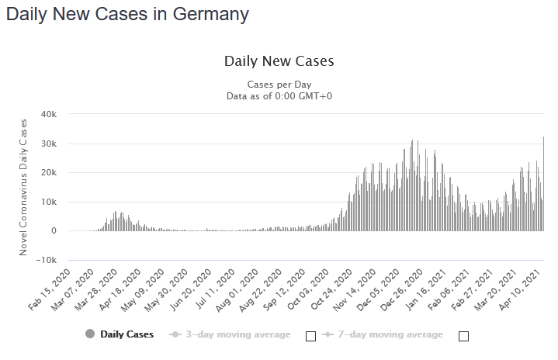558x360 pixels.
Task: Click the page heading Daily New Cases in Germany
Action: pyautogui.click(x=127, y=14)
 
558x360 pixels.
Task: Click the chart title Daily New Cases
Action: pyautogui.click(x=279, y=61)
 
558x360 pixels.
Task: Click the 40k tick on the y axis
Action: pyautogui.click(x=50, y=114)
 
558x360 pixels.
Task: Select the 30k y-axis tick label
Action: pyautogui.click(x=50, y=144)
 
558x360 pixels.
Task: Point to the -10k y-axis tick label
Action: pyautogui.click(x=47, y=260)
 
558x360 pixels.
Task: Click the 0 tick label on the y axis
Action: pyautogui.click(x=54, y=230)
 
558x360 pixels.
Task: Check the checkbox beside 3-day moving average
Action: pyautogui.click(x=310, y=336)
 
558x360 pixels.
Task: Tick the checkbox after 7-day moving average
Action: pyautogui.click(x=463, y=336)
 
